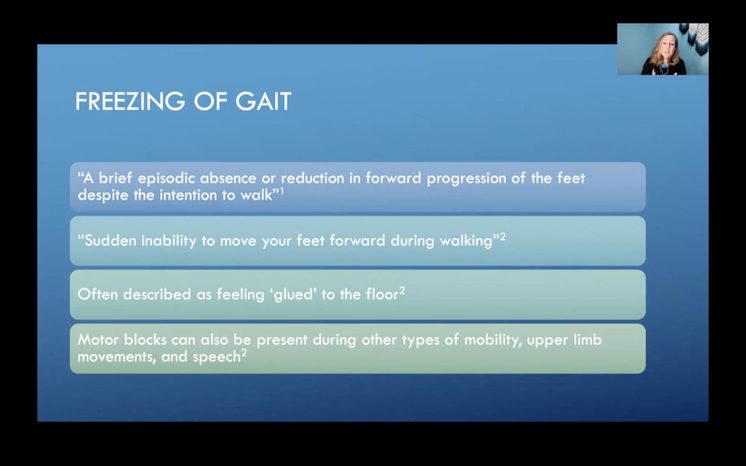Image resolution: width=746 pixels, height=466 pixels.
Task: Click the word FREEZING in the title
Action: tap(130, 101)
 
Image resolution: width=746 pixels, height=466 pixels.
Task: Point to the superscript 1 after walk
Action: tap(282, 191)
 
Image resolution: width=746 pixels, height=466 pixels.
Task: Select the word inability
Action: tap(168, 241)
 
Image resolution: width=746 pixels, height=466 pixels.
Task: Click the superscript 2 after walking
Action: tap(503, 237)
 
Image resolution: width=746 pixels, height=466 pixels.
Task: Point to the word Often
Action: tap(97, 295)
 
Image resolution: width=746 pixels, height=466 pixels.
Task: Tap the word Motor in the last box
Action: tap(98, 340)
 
